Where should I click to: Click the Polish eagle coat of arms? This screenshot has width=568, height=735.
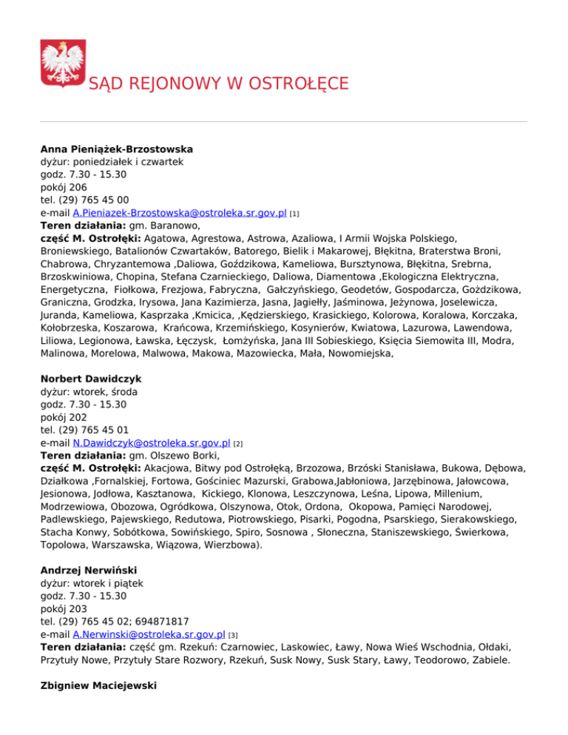click(x=61, y=64)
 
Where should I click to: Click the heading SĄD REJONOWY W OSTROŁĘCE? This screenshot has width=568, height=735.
click(x=218, y=83)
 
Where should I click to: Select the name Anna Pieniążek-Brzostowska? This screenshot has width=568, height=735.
click(x=106, y=148)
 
